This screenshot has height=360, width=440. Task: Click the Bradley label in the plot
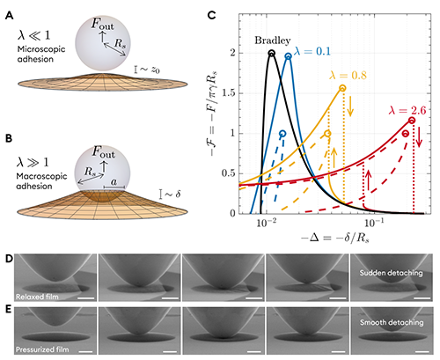click(273, 40)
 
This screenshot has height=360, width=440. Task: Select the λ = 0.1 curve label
click(312, 52)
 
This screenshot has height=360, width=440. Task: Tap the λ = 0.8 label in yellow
click(348, 76)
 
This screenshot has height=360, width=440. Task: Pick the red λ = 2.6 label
click(407, 110)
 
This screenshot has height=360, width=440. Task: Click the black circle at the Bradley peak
click(272, 53)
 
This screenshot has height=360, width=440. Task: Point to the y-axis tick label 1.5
click(229, 93)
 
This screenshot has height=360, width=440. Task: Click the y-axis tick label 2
click(233, 53)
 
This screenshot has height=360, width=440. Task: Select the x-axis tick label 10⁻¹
click(371, 223)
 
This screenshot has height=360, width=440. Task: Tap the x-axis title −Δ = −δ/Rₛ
click(335, 238)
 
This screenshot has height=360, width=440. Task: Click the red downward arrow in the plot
click(420, 137)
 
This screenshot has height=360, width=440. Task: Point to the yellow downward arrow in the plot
click(350, 107)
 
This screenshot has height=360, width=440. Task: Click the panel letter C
click(211, 15)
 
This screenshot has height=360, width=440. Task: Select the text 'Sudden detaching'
click(391, 273)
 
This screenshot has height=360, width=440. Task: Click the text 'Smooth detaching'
click(392, 322)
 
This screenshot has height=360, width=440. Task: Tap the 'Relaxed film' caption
click(37, 297)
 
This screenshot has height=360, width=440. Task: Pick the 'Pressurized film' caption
click(42, 349)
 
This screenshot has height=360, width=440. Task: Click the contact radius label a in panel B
click(114, 182)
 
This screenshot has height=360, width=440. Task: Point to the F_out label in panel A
click(102, 24)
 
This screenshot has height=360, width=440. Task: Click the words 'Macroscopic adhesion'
click(41, 181)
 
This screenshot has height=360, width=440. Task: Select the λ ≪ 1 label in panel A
click(34, 35)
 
